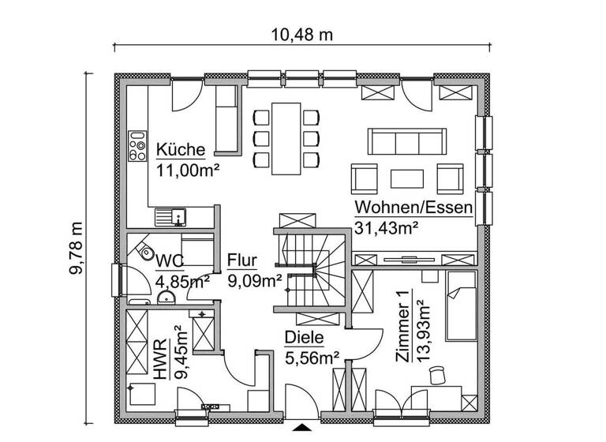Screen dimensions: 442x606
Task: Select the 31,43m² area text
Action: coord(386,227)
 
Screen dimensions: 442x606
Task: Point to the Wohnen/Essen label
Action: coord(413,208)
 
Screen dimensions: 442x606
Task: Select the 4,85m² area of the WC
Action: coord(182,280)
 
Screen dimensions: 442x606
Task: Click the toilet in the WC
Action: coord(144,254)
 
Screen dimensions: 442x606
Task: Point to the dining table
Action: coord(285,137)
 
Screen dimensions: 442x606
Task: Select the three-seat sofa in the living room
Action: coord(404,142)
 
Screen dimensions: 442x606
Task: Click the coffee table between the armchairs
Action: coord(407,176)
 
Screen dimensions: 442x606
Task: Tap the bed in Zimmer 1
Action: coord(461,305)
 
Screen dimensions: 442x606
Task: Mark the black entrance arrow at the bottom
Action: coord(302,429)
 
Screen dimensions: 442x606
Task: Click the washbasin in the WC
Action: coord(167,297)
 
